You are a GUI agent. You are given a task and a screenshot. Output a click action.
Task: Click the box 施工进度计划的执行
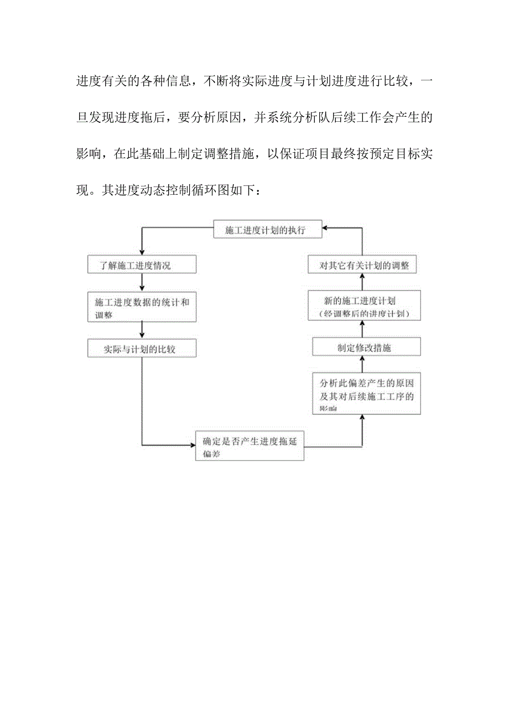coord(268,230)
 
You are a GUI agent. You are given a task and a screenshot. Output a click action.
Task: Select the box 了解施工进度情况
coord(142,265)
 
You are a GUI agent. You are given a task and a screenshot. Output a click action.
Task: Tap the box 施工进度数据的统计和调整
coord(142,308)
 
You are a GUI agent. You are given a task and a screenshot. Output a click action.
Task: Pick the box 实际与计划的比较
coord(142,349)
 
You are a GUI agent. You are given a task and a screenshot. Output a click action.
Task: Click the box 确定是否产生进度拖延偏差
coord(250,446)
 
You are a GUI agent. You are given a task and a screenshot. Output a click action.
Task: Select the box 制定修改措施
coord(366,348)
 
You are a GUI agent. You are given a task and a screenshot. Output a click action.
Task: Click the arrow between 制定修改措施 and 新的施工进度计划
coord(363,330)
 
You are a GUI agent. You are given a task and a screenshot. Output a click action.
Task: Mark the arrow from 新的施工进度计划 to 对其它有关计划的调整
coord(363,283)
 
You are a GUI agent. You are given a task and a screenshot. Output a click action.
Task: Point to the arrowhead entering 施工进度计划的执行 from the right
coord(327,227)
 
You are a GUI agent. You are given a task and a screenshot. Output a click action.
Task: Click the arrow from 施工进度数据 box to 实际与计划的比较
coord(142,330)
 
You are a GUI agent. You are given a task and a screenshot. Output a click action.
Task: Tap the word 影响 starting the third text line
coord(88,154)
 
